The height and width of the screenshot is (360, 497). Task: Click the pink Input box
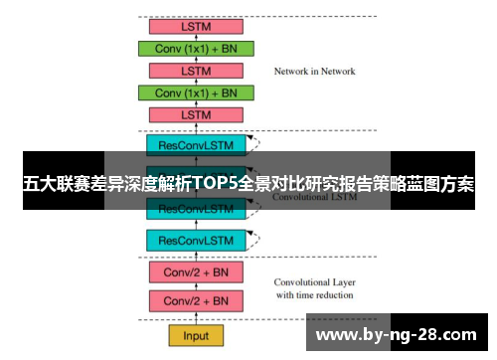click(x=196, y=334)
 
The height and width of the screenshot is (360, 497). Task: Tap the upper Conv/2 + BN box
click(x=196, y=271)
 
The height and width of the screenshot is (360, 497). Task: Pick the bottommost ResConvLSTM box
click(x=196, y=240)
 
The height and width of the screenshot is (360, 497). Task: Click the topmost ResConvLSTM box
click(x=196, y=145)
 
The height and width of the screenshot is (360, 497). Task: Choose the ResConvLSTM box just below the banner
click(x=196, y=209)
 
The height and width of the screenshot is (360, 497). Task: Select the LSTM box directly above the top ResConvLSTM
click(x=196, y=114)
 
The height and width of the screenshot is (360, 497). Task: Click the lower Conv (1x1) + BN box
click(x=196, y=92)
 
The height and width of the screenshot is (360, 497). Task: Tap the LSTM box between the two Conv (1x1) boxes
click(x=196, y=71)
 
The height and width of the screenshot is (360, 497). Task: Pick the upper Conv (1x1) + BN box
click(x=196, y=48)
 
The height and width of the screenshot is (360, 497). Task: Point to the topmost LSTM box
click(x=196, y=26)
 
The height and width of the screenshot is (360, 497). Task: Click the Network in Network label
click(x=314, y=71)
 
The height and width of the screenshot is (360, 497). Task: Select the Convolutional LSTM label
click(x=314, y=197)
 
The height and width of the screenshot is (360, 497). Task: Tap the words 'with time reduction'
click(x=312, y=295)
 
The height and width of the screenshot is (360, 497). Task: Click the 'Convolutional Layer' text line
click(x=312, y=281)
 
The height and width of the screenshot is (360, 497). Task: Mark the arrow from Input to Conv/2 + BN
click(x=196, y=318)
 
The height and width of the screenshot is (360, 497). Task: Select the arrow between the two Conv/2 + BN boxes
click(x=196, y=286)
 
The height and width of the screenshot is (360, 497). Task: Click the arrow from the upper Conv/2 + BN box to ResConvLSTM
click(x=196, y=256)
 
